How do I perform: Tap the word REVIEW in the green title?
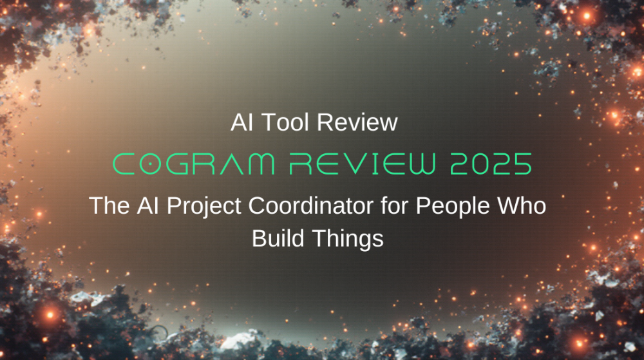(x=358, y=165)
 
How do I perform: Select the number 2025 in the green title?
(x=491, y=165)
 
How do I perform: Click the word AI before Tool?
(x=241, y=122)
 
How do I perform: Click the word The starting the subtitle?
(x=108, y=207)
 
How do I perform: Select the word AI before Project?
(x=145, y=207)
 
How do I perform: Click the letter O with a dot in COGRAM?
(x=151, y=165)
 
